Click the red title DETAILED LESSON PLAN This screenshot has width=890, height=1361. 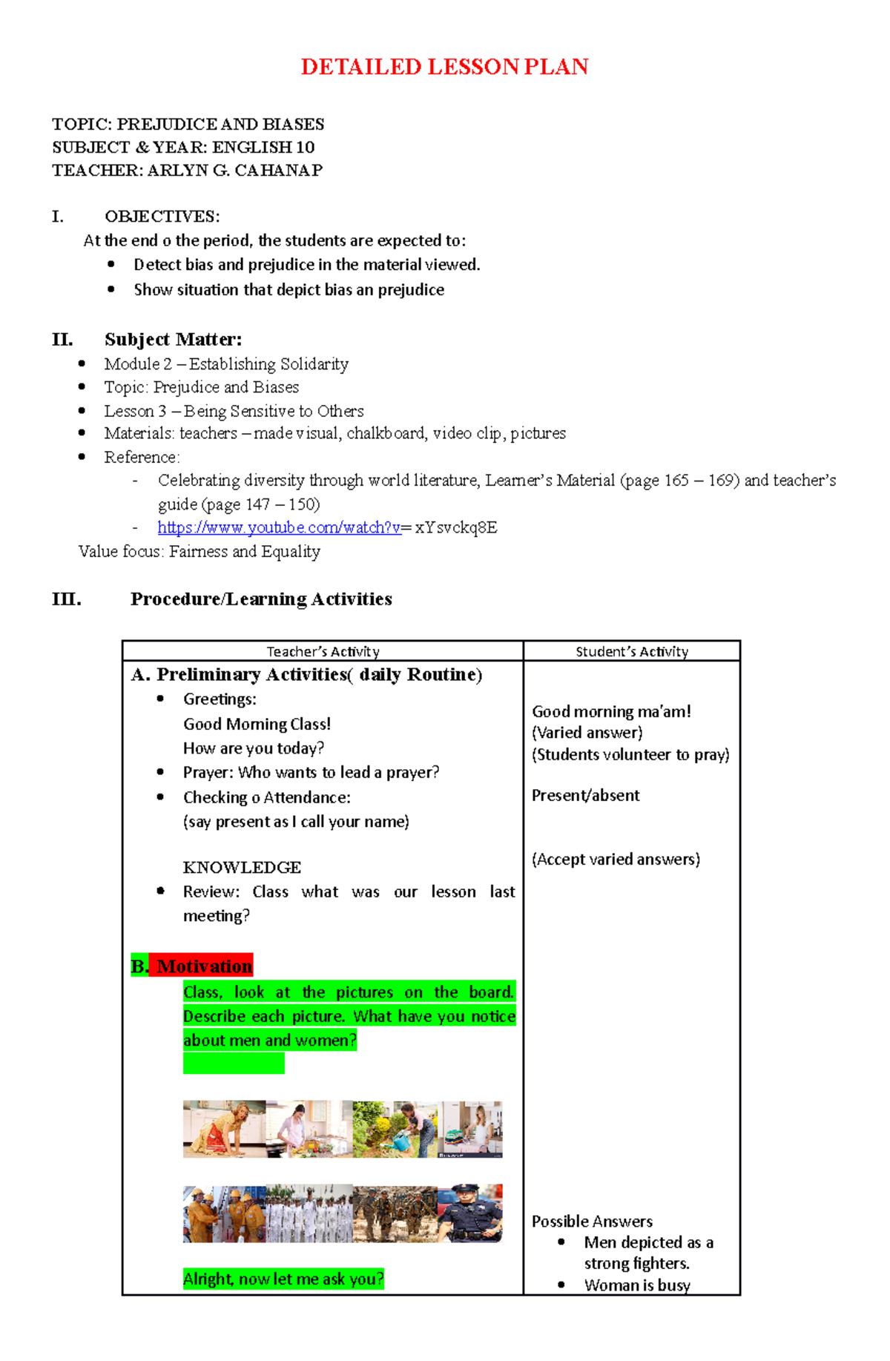(444, 67)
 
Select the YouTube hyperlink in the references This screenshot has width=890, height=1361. (279, 527)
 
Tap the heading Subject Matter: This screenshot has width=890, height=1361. (173, 340)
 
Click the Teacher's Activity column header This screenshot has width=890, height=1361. (323, 652)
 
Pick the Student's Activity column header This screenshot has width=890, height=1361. (632, 652)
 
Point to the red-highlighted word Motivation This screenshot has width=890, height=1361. (204, 966)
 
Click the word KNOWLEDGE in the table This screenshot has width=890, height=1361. (242, 867)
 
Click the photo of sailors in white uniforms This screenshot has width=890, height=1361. (309, 1213)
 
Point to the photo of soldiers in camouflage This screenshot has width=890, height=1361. (395, 1213)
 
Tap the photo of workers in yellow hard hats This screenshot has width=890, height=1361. (224, 1213)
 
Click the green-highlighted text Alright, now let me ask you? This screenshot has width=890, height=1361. (283, 1279)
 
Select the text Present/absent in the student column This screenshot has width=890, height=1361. (585, 795)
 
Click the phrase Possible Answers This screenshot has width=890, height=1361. (592, 1221)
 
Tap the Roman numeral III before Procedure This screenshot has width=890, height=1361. (67, 599)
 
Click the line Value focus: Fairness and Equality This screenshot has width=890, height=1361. (200, 552)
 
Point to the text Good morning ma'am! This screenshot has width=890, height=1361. (611, 711)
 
